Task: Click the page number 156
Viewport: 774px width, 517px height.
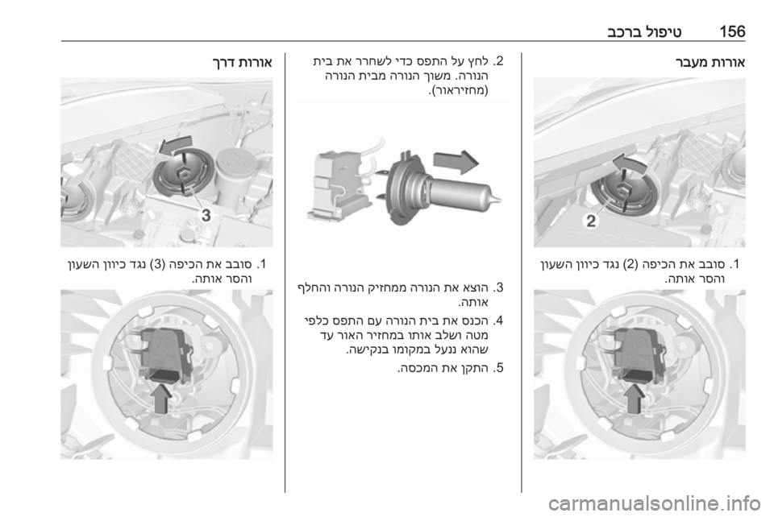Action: (732, 31)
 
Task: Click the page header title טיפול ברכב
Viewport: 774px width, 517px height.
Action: (645, 32)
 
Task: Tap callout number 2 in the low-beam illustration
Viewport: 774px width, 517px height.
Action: (591, 221)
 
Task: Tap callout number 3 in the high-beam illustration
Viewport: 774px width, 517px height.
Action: (206, 215)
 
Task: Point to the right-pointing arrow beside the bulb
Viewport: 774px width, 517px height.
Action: (456, 162)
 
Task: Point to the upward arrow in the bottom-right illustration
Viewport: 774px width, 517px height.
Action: (635, 398)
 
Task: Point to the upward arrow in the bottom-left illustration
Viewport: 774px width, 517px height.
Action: (162, 399)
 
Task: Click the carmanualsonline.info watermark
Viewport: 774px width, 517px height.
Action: (654, 503)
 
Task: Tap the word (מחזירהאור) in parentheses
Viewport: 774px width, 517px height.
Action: (458, 91)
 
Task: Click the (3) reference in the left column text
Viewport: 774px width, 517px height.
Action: (156, 264)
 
